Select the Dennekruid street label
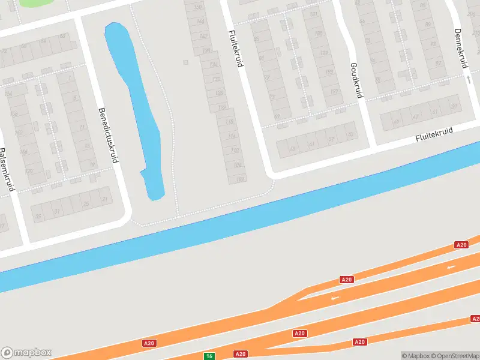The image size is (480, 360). (x=461, y=48)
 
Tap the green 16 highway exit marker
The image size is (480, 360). (x=209, y=356)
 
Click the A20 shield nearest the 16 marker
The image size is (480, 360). (x=240, y=354)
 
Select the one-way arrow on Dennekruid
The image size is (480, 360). (x=467, y=79)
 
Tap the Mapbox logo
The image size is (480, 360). (x=26, y=353)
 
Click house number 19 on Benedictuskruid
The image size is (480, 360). (x=92, y=164)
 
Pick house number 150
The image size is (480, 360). (x=199, y=7)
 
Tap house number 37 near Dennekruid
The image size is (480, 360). (x=454, y=107)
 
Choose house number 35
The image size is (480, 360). (x=38, y=216)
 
